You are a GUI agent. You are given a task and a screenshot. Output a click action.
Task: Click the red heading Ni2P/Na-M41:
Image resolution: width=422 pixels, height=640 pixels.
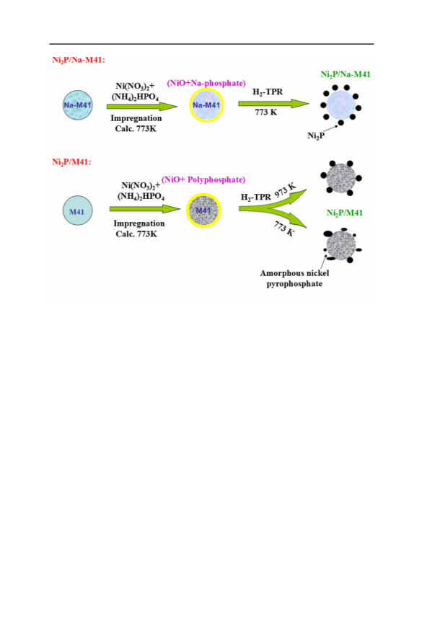click(79, 60)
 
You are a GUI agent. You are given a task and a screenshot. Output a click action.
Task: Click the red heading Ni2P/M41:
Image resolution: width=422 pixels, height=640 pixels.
click(71, 162)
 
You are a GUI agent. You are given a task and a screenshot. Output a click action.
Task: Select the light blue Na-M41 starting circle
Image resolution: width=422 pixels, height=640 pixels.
click(78, 105)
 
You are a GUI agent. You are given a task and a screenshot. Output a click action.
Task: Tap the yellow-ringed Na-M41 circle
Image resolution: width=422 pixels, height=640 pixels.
click(206, 105)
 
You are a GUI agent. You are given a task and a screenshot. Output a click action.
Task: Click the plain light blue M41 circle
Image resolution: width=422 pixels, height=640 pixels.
click(78, 210)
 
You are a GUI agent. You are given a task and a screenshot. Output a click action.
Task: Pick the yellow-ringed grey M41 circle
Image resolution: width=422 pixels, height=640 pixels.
click(203, 210)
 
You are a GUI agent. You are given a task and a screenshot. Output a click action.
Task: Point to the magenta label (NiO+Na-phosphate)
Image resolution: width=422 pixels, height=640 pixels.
click(206, 84)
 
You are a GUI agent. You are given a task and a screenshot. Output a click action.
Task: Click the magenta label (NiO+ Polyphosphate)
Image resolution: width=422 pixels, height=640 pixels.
click(203, 179)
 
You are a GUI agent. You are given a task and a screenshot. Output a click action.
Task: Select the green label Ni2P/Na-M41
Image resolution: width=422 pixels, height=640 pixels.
click(346, 74)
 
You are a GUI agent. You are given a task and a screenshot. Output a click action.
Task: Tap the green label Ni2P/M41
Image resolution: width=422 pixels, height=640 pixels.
click(345, 213)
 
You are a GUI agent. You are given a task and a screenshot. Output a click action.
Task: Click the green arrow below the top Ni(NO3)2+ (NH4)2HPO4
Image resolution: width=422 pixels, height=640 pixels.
click(142, 107)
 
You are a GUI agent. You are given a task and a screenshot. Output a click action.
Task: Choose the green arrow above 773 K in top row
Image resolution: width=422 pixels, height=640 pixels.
click(273, 104)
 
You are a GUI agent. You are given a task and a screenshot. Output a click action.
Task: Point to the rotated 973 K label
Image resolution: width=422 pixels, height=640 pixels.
click(285, 190)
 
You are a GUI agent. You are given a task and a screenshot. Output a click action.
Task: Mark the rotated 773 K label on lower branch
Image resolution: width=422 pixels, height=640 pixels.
click(284, 228)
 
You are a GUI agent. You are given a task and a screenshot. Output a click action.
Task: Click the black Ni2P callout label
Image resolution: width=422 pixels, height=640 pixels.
click(316, 135)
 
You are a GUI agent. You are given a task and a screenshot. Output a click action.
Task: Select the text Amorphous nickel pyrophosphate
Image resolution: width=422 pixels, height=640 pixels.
click(294, 278)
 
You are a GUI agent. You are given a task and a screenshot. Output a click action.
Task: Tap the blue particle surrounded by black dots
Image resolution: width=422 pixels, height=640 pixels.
click(340, 105)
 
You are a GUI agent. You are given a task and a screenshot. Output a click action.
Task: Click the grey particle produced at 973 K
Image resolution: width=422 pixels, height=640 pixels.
click(341, 178)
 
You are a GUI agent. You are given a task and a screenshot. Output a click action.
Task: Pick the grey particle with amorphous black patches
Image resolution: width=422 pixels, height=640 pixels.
click(341, 245)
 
